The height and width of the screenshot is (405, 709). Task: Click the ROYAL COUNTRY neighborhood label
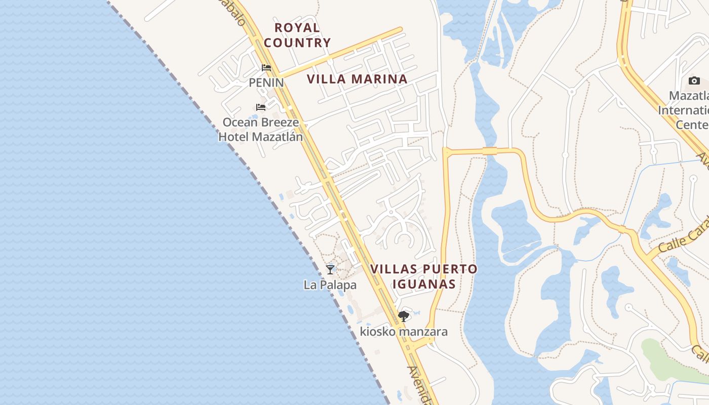tap(297, 35)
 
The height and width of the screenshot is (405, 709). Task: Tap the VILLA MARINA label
tap(357, 79)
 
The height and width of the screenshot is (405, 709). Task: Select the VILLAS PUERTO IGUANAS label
tap(424, 276)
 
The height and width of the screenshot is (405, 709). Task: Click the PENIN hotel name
tap(266, 82)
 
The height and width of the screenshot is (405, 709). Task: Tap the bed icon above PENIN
tap(266, 68)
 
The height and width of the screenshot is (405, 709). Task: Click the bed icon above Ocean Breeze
tap(261, 107)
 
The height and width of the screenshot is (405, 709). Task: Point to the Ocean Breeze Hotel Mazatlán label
tap(261, 130)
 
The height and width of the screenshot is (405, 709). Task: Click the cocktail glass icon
tap(330, 270)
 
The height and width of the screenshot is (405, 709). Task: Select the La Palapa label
tap(330, 285)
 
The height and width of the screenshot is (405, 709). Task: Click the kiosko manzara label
tap(404, 332)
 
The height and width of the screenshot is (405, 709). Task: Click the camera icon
tap(694, 81)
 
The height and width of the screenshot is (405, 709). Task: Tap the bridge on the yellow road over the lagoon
tap(490, 150)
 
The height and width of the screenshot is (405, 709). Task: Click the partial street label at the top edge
tap(236, 13)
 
